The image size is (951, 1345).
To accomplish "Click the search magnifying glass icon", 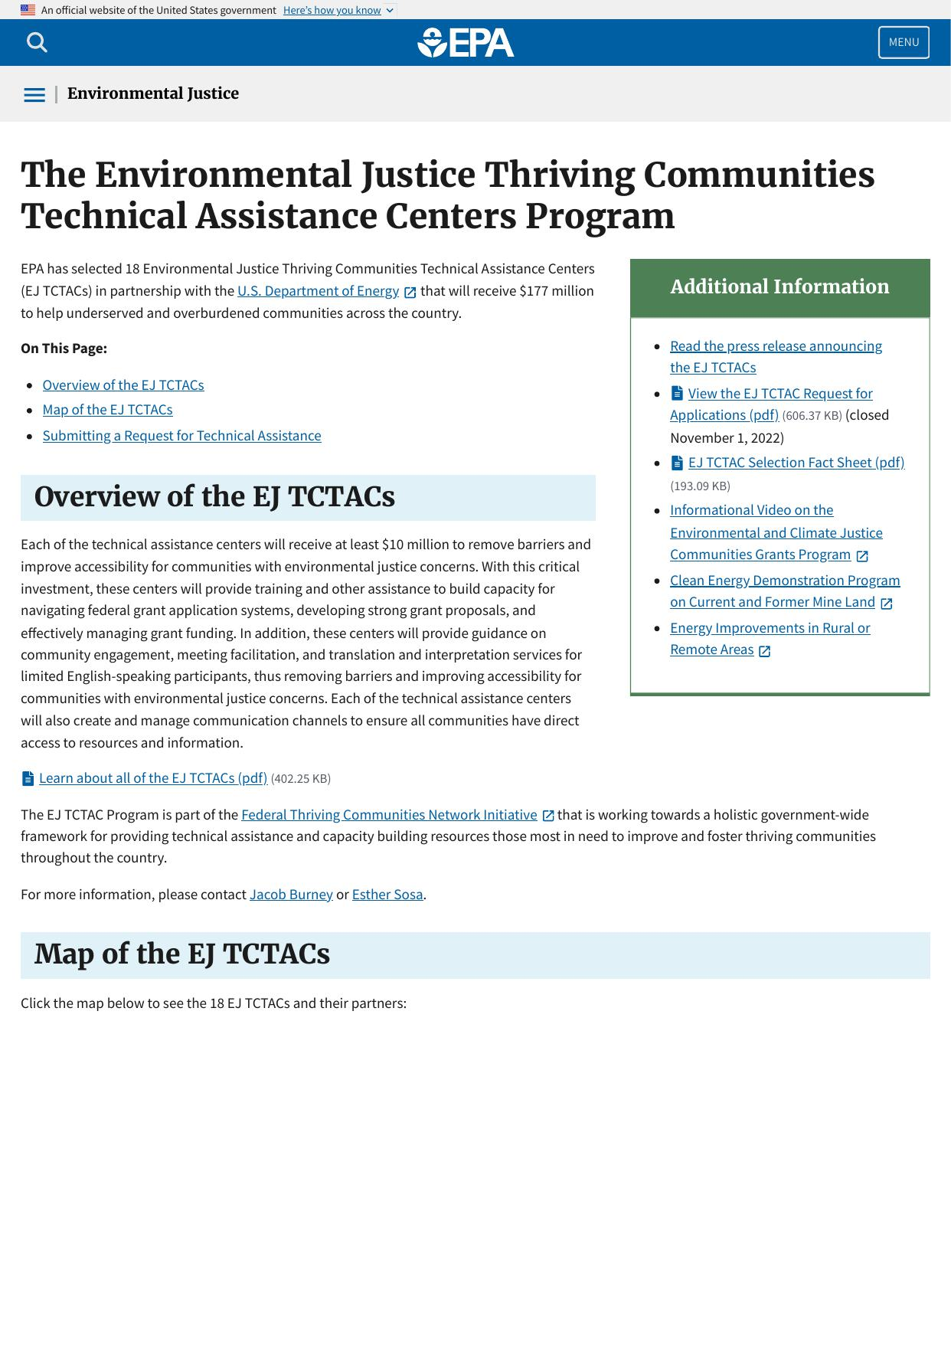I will [x=37, y=43].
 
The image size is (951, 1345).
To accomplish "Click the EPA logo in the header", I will [x=466, y=43].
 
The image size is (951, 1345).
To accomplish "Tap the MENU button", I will [x=904, y=43].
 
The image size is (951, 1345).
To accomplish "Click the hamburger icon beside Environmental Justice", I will [x=34, y=95].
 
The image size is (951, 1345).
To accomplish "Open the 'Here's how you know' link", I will [x=332, y=10].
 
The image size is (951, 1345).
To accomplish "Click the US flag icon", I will [x=28, y=10].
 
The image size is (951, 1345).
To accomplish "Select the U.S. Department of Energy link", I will [x=318, y=291].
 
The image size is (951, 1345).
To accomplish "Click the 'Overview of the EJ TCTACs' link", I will [x=123, y=385].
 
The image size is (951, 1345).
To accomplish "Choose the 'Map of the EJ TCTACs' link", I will [x=107, y=410].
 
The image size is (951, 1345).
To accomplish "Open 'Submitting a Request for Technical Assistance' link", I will [x=181, y=436].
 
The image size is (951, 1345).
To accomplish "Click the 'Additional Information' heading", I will [x=779, y=287].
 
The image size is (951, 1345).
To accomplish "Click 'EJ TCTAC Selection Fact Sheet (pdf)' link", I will [x=796, y=463].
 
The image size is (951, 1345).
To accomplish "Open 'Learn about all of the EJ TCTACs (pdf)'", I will [x=152, y=778].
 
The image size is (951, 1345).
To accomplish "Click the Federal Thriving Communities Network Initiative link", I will [x=389, y=815].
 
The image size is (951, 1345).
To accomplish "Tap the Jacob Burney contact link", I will [x=291, y=895].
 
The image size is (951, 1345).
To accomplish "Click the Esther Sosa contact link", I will [x=387, y=895].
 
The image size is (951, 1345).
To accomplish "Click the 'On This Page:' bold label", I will [x=64, y=349].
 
